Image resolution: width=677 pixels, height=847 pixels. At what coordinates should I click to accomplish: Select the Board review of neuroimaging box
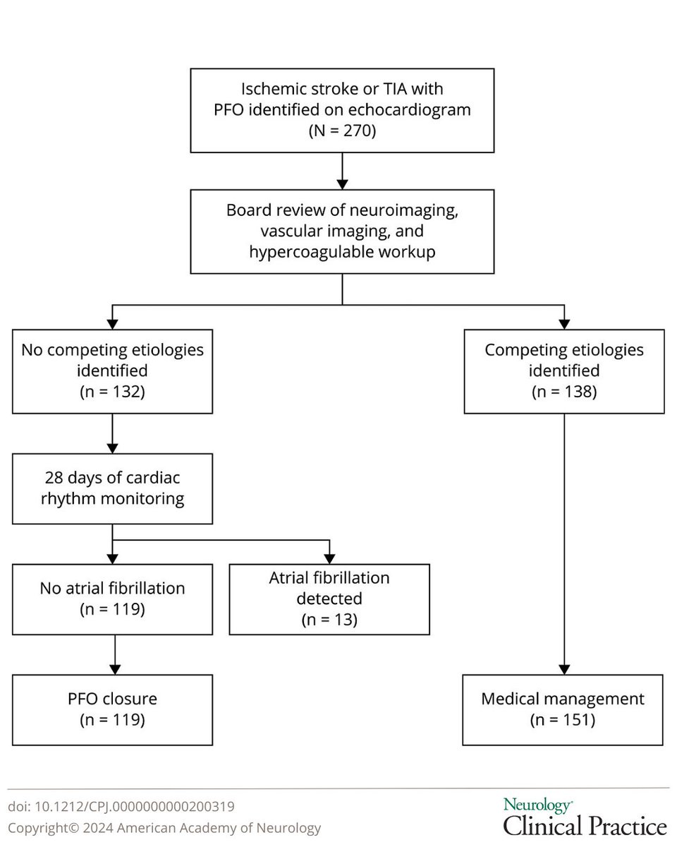click(x=342, y=232)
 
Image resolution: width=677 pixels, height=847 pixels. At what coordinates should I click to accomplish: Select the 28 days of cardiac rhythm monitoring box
click(x=112, y=488)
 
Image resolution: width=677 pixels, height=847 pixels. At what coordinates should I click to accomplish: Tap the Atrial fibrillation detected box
click(x=329, y=599)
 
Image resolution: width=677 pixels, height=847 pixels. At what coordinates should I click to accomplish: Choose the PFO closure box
click(x=112, y=709)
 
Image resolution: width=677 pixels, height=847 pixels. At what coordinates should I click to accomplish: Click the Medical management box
click(x=563, y=709)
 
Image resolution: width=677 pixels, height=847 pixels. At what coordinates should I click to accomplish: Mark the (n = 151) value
click(x=563, y=720)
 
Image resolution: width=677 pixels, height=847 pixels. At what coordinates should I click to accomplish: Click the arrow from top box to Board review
click(x=342, y=171)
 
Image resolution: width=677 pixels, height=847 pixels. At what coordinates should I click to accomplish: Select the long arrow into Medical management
click(x=563, y=543)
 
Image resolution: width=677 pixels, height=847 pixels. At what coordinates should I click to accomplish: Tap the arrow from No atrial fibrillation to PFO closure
click(x=112, y=654)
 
